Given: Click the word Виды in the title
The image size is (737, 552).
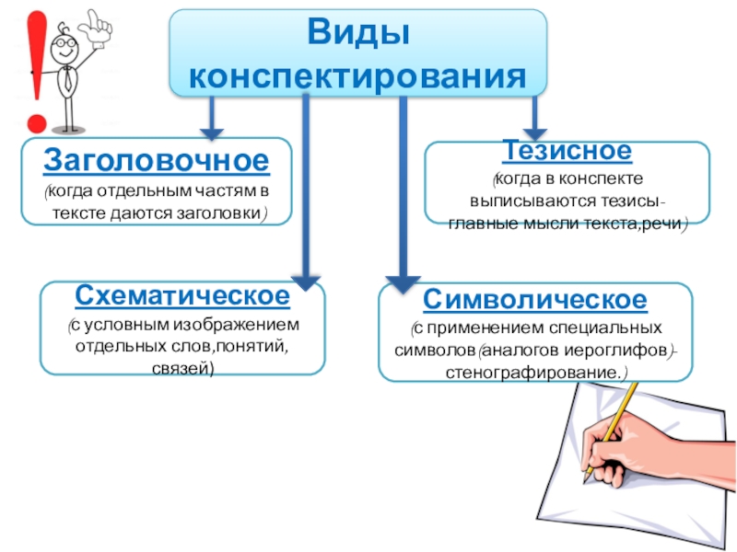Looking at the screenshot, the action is (358, 34).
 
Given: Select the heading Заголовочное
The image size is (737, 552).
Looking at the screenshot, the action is (157, 160).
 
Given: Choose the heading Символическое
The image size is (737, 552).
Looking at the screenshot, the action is (535, 299).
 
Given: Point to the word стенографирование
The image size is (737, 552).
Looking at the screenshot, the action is (532, 373).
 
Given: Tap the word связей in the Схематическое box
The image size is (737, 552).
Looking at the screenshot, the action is (181, 368).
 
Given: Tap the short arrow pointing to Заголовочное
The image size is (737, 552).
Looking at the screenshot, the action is (212, 116).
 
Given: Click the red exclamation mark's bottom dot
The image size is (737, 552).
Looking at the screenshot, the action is (37, 121).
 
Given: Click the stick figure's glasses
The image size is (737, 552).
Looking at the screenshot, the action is (65, 41).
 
